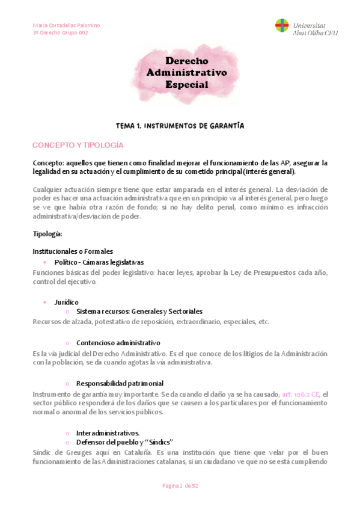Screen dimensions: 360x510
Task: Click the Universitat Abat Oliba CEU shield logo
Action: pos(281,26)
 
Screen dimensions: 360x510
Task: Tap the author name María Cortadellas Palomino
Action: pos(66,25)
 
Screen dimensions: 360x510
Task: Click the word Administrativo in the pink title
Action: pos(186,73)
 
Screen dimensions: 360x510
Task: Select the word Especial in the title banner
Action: pos(186,85)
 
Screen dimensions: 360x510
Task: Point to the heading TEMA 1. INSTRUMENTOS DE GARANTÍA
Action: pos(180,126)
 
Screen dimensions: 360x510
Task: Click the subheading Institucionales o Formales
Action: pos(73,251)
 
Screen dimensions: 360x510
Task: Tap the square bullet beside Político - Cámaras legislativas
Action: pos(45,262)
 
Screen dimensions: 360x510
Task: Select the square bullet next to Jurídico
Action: pos(45,301)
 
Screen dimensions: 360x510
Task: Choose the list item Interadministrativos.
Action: pos(108,432)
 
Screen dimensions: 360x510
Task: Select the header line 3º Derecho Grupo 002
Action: pos(60,33)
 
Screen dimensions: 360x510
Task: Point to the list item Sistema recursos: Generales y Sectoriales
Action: pos(139,312)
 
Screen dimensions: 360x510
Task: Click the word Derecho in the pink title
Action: pos(186,61)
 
